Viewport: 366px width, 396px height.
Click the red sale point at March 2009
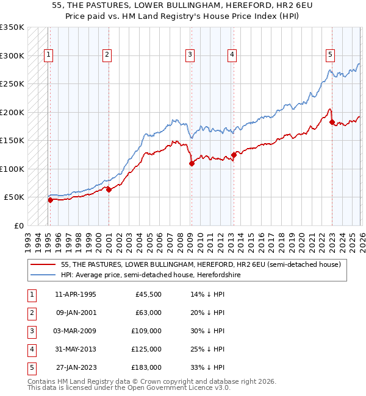[192, 163]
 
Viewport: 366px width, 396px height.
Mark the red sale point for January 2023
[332, 122]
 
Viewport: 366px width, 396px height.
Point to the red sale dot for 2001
[109, 189]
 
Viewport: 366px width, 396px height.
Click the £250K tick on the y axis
[12, 84]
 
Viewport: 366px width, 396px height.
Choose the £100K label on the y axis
[12, 169]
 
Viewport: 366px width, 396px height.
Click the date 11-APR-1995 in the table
[75, 295]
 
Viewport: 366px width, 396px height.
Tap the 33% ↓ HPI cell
[207, 368]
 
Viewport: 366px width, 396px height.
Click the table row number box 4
[30, 350]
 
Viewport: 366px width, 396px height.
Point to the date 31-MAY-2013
[75, 350]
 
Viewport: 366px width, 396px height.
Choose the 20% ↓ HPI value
[207, 313]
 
